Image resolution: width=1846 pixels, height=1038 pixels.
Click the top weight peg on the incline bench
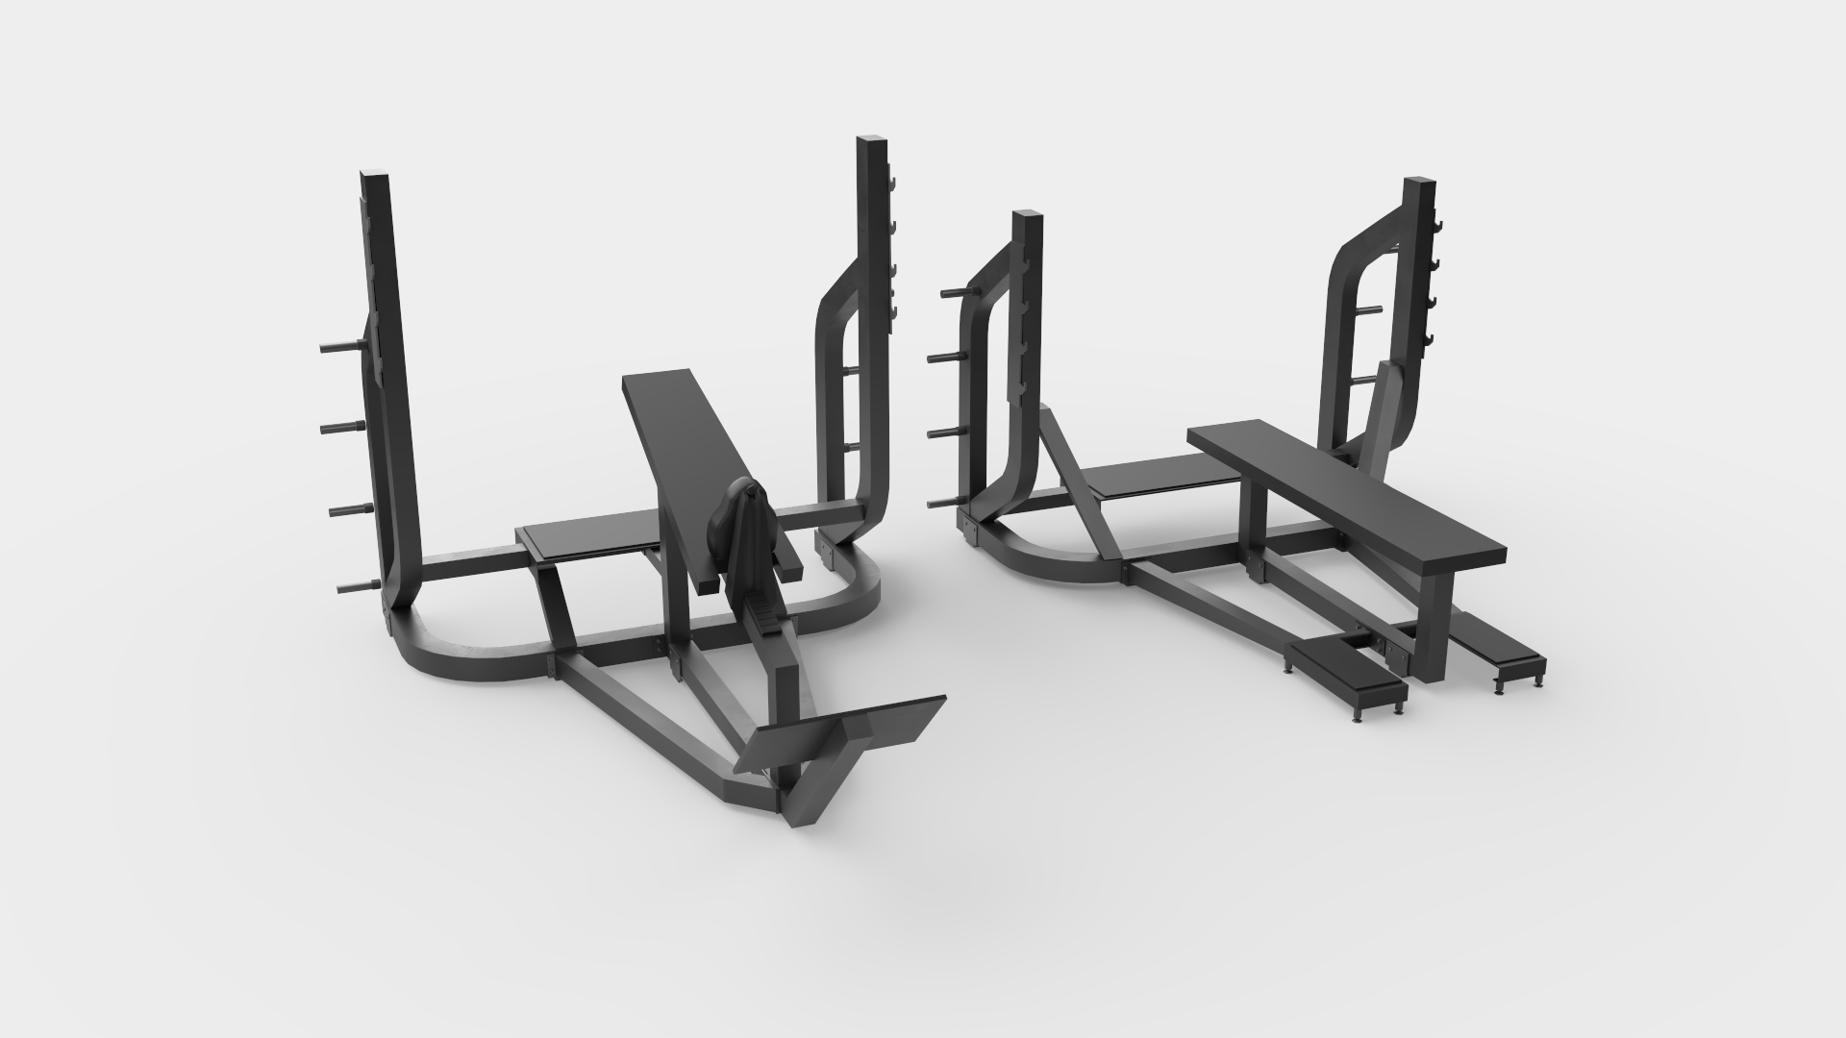(339, 348)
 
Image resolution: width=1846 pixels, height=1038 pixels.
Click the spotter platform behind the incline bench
(586, 539)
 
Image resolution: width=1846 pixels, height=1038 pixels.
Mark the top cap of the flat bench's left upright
(1027, 216)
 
